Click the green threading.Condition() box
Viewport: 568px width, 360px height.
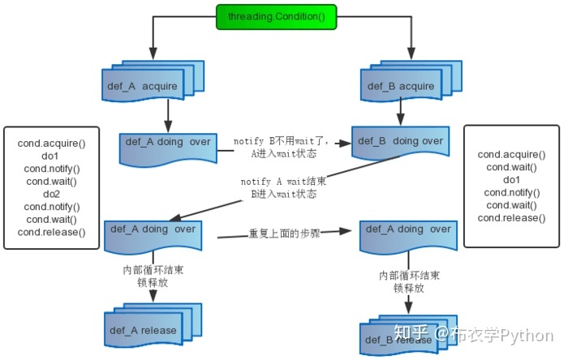[x=270, y=16]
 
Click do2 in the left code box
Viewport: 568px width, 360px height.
[x=51, y=195]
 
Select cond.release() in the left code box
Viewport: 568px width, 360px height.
[x=51, y=233]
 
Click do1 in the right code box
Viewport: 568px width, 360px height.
[x=511, y=179]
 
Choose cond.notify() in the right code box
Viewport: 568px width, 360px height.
[x=511, y=192]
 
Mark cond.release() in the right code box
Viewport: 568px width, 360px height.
[x=511, y=217]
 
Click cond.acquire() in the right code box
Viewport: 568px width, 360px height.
[x=511, y=154]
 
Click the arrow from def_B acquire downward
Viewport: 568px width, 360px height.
[x=402, y=113]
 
